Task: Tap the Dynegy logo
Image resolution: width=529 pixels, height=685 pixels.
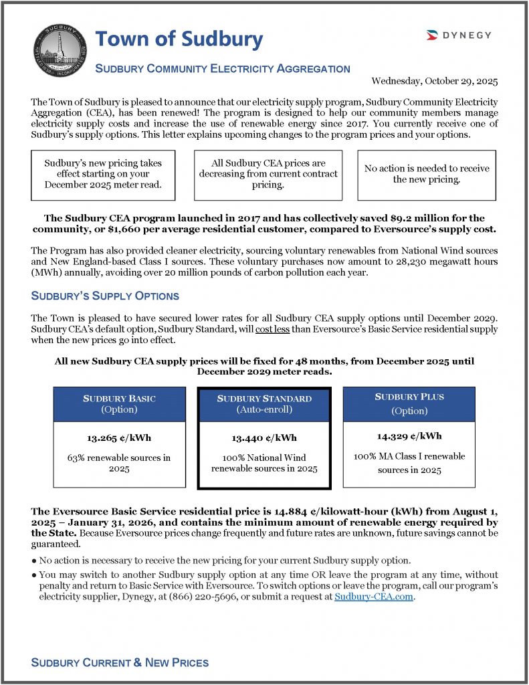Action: tap(458, 35)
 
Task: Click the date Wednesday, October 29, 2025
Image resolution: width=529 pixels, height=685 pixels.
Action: tap(435, 81)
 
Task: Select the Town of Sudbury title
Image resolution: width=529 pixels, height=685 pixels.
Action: tap(179, 39)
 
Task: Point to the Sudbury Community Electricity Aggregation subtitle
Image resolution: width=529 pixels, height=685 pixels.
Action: tap(223, 68)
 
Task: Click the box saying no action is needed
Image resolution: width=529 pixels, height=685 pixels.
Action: tap(427, 174)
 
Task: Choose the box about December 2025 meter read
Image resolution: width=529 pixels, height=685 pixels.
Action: tap(103, 174)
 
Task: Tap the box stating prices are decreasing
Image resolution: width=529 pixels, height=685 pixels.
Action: tap(268, 174)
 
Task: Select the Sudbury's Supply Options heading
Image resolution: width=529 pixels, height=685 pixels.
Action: tap(105, 296)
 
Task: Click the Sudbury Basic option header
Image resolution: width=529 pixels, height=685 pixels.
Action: tap(119, 403)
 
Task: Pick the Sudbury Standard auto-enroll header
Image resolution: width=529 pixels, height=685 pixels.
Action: tap(264, 403)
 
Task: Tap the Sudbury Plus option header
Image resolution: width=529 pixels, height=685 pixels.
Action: tap(409, 403)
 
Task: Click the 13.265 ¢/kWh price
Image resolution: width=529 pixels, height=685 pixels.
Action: tap(119, 438)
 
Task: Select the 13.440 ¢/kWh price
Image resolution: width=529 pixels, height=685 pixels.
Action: tap(264, 438)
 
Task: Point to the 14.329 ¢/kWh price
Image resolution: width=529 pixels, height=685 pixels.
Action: tap(409, 436)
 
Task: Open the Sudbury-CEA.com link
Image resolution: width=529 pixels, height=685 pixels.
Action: tap(375, 597)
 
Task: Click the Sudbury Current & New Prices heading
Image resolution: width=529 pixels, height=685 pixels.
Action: tap(120, 662)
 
